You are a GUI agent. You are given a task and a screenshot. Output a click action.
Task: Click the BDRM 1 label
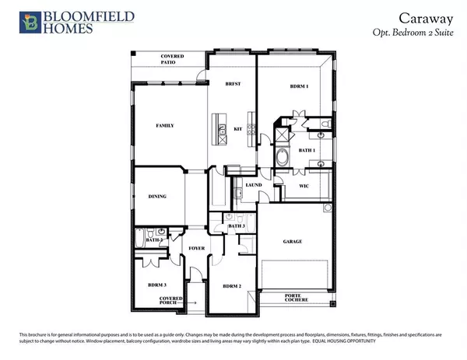tap(299, 87)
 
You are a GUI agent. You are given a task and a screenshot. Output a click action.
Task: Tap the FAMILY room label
tap(164, 125)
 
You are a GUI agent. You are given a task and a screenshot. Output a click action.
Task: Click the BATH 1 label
tap(307, 152)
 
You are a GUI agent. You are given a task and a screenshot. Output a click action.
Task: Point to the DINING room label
tap(158, 197)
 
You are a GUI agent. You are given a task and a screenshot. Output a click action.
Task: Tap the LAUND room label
tap(253, 186)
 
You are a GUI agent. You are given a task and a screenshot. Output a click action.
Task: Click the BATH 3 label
tap(237, 225)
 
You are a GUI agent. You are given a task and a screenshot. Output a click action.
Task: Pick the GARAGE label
tap(293, 240)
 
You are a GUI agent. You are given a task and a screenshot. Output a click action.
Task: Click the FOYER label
tap(196, 249)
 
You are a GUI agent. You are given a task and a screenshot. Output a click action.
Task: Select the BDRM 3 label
tap(158, 285)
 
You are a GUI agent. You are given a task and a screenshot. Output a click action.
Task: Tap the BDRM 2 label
tap(232, 286)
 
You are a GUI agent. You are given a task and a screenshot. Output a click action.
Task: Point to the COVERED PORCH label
tap(172, 301)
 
